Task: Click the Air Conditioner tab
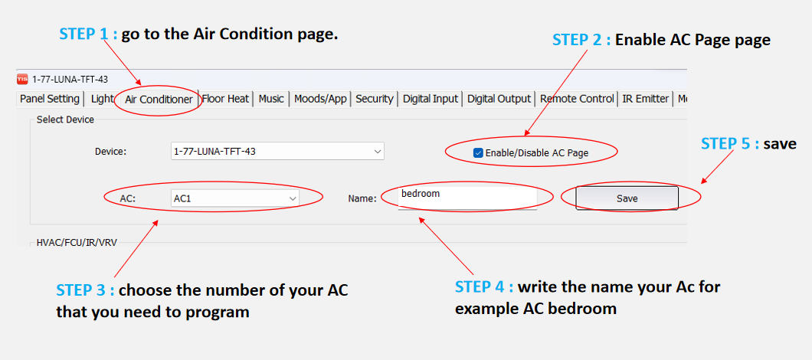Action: tap(159, 100)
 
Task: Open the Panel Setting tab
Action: tap(49, 99)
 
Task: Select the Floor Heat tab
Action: tap(225, 99)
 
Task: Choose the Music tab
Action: tap(271, 99)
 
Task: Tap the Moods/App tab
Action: tap(320, 99)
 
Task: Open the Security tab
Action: tap(375, 99)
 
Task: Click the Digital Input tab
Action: tap(431, 99)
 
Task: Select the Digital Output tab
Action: tap(499, 99)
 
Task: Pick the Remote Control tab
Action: tap(577, 99)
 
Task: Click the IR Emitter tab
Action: tap(646, 99)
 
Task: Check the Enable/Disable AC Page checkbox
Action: tap(478, 152)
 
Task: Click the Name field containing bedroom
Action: tap(467, 198)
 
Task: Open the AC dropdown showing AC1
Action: tap(235, 198)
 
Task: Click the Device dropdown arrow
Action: tap(377, 152)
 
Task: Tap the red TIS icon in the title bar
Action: tap(22, 79)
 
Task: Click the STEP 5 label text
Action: tap(748, 143)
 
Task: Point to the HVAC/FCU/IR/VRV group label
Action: tap(77, 242)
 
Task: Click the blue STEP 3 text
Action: tap(85, 290)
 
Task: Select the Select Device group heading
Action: tap(65, 119)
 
